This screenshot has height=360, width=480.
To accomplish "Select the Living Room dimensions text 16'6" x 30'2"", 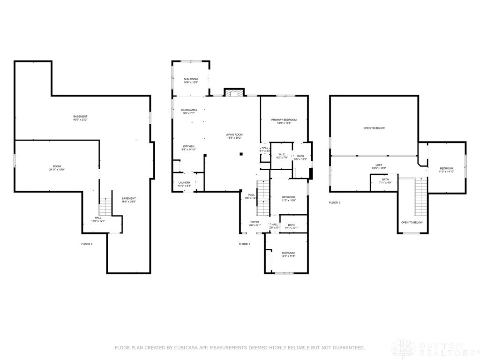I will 234,138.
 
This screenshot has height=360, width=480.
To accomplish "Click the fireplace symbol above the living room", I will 234,93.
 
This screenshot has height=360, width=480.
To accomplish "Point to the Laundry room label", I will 184,183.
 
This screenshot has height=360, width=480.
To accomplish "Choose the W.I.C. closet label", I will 282,155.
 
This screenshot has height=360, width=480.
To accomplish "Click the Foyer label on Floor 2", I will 255,222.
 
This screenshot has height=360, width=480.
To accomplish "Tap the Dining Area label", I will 189,110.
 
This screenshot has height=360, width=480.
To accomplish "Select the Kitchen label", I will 188,147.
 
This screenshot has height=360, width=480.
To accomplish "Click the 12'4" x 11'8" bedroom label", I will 288,253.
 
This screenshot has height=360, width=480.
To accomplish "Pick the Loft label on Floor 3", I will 379,165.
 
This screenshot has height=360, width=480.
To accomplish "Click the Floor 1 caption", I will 87,244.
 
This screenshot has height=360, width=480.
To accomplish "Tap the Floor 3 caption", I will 334,202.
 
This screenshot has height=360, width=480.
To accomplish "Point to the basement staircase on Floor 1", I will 105,206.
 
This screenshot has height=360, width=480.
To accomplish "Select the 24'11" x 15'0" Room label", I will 57,166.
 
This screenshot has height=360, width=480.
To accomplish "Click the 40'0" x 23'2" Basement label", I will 80,117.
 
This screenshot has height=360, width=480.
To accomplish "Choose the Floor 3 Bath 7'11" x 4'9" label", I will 385,180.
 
